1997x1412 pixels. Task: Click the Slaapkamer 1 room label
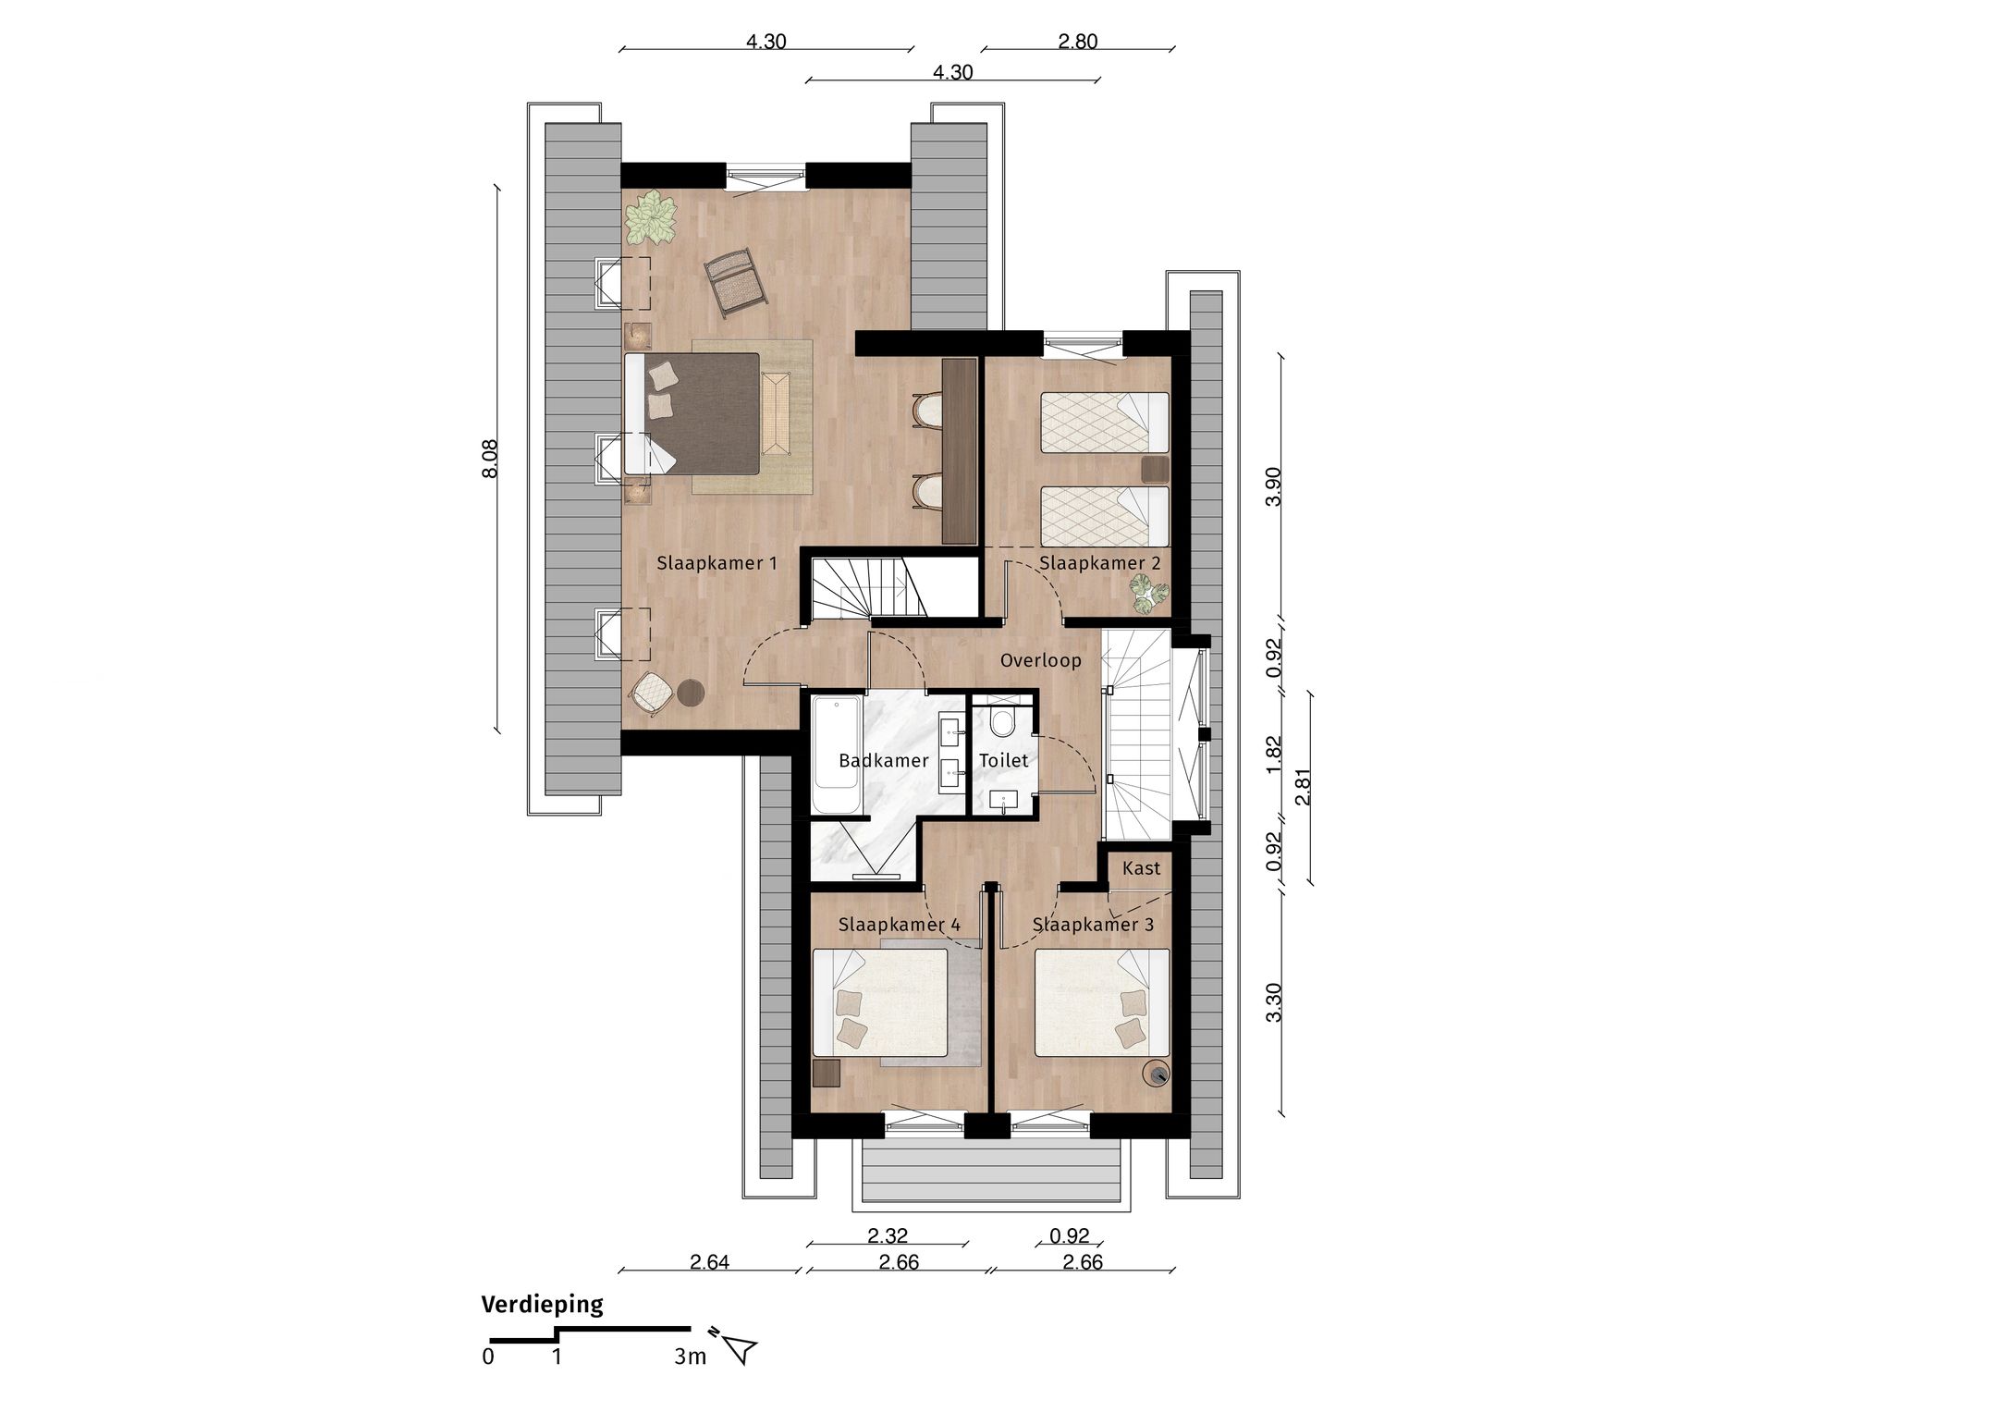717,562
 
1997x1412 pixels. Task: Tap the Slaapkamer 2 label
1099,562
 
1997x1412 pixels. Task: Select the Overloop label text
1040,660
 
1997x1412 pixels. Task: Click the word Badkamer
883,760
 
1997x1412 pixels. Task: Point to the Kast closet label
1141,868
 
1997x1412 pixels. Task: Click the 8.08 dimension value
490,459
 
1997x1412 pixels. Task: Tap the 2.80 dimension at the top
1077,42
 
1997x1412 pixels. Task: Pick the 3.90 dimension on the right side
1273,486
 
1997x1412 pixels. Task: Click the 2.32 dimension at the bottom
888,1235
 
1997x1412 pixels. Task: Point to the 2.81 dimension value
1303,787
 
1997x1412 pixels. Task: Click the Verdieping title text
542,1304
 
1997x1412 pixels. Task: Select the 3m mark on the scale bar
690,1357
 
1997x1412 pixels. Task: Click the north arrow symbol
740,1349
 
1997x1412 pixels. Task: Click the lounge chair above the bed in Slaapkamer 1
735,281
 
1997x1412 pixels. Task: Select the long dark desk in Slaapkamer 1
959,450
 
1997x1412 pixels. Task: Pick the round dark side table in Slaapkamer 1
691,692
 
